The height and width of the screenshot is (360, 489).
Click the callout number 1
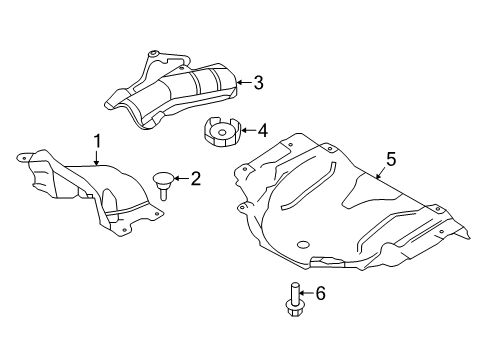pyautogui.click(x=98, y=141)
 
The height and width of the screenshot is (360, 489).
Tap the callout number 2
pyautogui.click(x=195, y=180)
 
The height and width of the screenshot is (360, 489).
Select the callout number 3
pyautogui.click(x=258, y=84)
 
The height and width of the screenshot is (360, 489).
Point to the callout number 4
pyautogui.click(x=261, y=130)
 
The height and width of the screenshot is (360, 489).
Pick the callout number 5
pyautogui.click(x=391, y=158)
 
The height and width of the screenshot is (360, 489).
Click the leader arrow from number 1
pyautogui.click(x=97, y=157)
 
